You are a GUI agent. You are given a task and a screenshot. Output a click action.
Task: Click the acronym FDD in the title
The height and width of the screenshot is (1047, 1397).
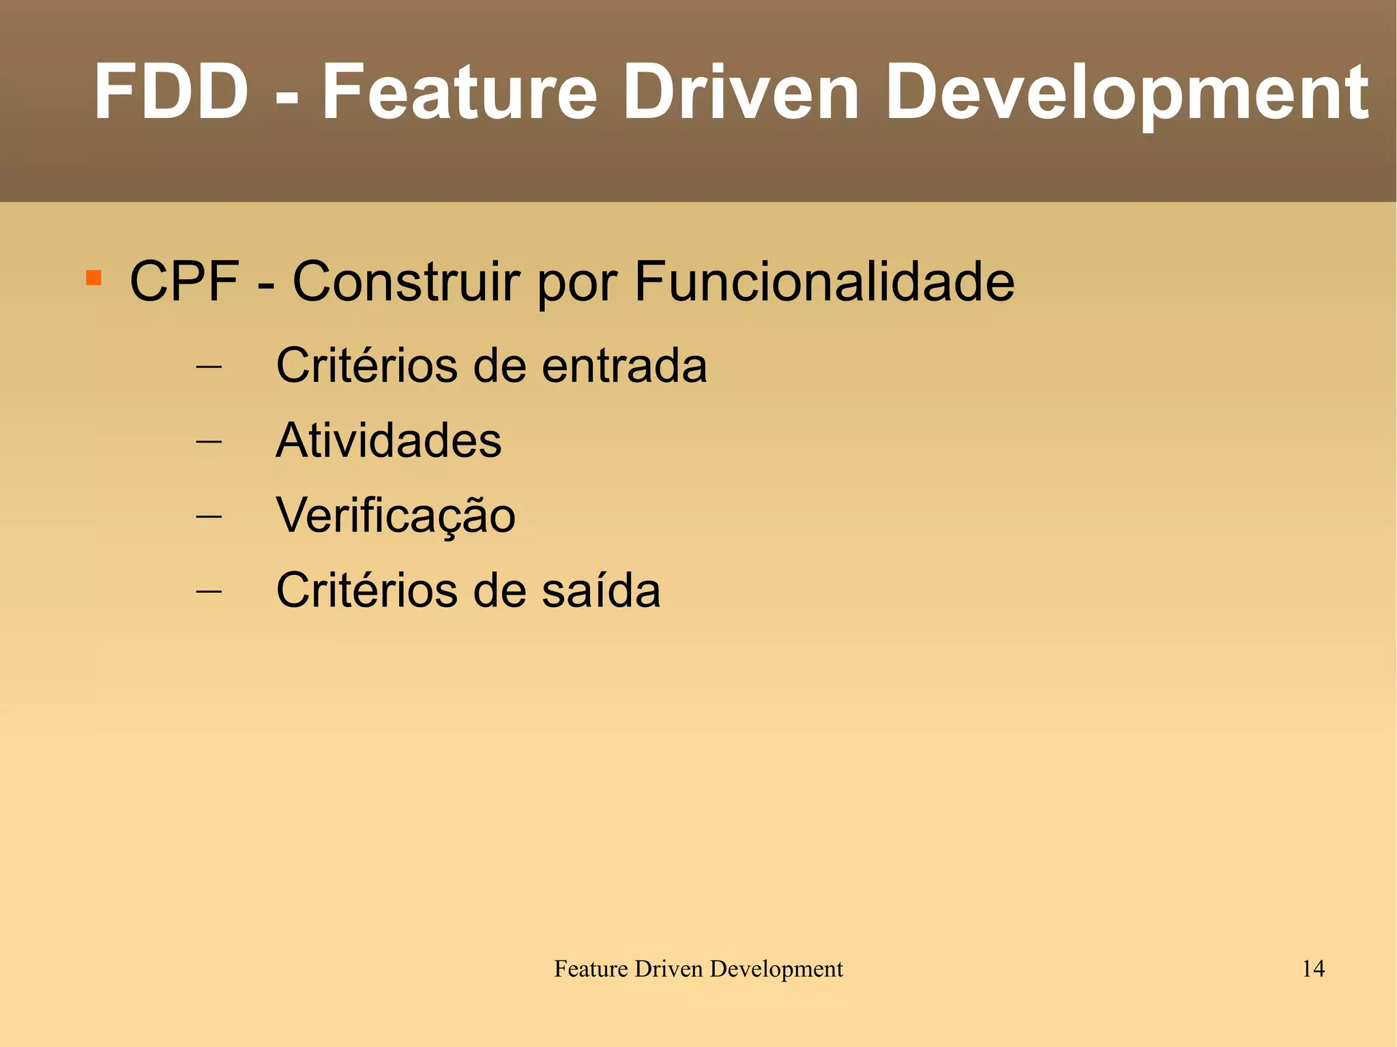[171, 91]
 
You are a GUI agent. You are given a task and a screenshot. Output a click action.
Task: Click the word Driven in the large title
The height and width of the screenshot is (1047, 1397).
[741, 91]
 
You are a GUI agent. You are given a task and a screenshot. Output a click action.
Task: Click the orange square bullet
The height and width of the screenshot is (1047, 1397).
[93, 278]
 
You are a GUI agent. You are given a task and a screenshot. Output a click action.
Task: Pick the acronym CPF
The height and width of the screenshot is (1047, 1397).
[184, 281]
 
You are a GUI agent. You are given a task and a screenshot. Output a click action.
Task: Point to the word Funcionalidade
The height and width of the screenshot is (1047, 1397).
[824, 281]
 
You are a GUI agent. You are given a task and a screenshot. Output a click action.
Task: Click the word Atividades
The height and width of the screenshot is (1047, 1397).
[389, 440]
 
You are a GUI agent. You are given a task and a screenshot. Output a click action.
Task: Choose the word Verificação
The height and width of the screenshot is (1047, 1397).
[396, 515]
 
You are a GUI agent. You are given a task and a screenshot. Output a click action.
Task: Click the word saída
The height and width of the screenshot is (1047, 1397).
[601, 590]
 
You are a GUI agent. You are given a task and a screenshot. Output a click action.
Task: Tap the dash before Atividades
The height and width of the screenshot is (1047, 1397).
[209, 441]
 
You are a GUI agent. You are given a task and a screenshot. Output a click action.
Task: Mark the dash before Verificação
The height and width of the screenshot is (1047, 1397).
[209, 516]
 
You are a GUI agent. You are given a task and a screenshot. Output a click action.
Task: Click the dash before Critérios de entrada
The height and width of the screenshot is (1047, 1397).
[209, 366]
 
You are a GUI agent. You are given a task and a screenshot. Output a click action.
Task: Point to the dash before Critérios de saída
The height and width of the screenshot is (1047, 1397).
[209, 591]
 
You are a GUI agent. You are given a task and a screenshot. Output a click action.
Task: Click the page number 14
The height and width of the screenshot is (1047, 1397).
[1313, 969]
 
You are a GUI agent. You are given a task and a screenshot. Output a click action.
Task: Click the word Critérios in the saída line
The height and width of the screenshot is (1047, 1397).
[367, 590]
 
